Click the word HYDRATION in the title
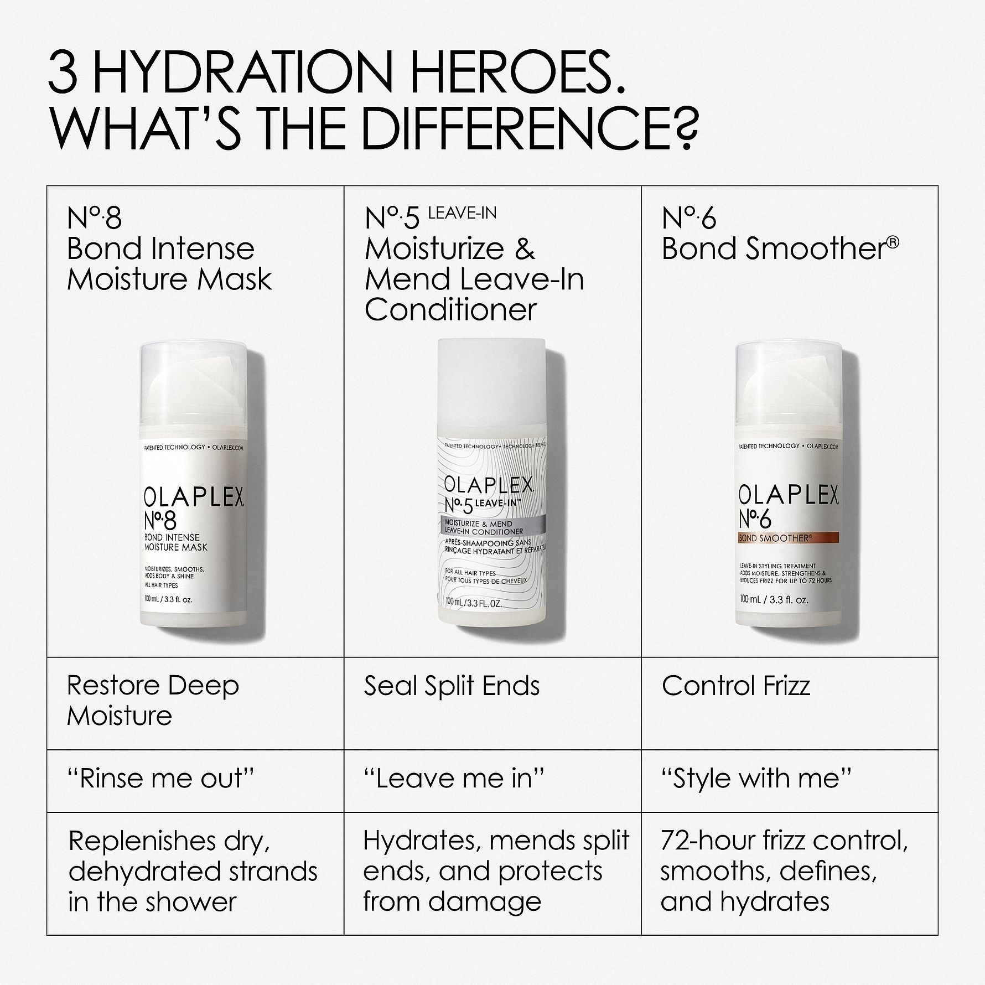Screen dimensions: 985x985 click(x=260, y=77)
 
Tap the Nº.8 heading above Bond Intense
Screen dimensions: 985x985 click(x=94, y=219)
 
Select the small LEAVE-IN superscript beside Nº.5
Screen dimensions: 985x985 click(x=462, y=213)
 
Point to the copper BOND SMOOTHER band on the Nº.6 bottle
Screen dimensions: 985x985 click(x=789, y=537)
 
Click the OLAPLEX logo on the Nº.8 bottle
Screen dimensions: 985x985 click(x=194, y=499)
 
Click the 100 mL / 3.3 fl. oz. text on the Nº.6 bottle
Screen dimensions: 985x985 click(x=774, y=600)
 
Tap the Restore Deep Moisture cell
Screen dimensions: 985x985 click(x=153, y=701)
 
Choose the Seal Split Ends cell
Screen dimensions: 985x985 click(x=452, y=686)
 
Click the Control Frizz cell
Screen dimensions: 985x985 click(x=736, y=686)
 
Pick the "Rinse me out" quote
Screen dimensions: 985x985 click(x=161, y=779)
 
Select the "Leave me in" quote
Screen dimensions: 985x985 click(x=454, y=779)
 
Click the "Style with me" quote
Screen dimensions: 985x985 click(x=756, y=779)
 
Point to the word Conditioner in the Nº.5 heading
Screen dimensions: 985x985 click(x=450, y=309)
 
